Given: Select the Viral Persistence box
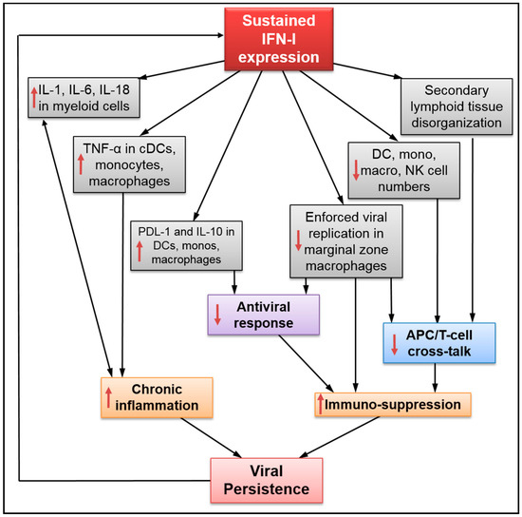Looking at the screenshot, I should pos(268,476).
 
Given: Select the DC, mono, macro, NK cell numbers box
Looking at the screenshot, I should pos(405,170).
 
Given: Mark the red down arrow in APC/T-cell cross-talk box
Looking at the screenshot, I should pos(392,342).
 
